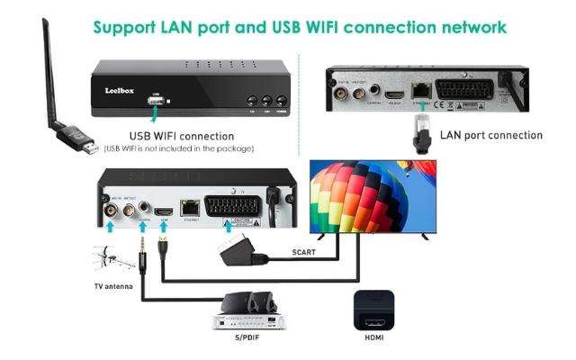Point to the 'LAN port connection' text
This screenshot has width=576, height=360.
click(491, 135)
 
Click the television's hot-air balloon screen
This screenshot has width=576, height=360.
click(371, 194)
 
